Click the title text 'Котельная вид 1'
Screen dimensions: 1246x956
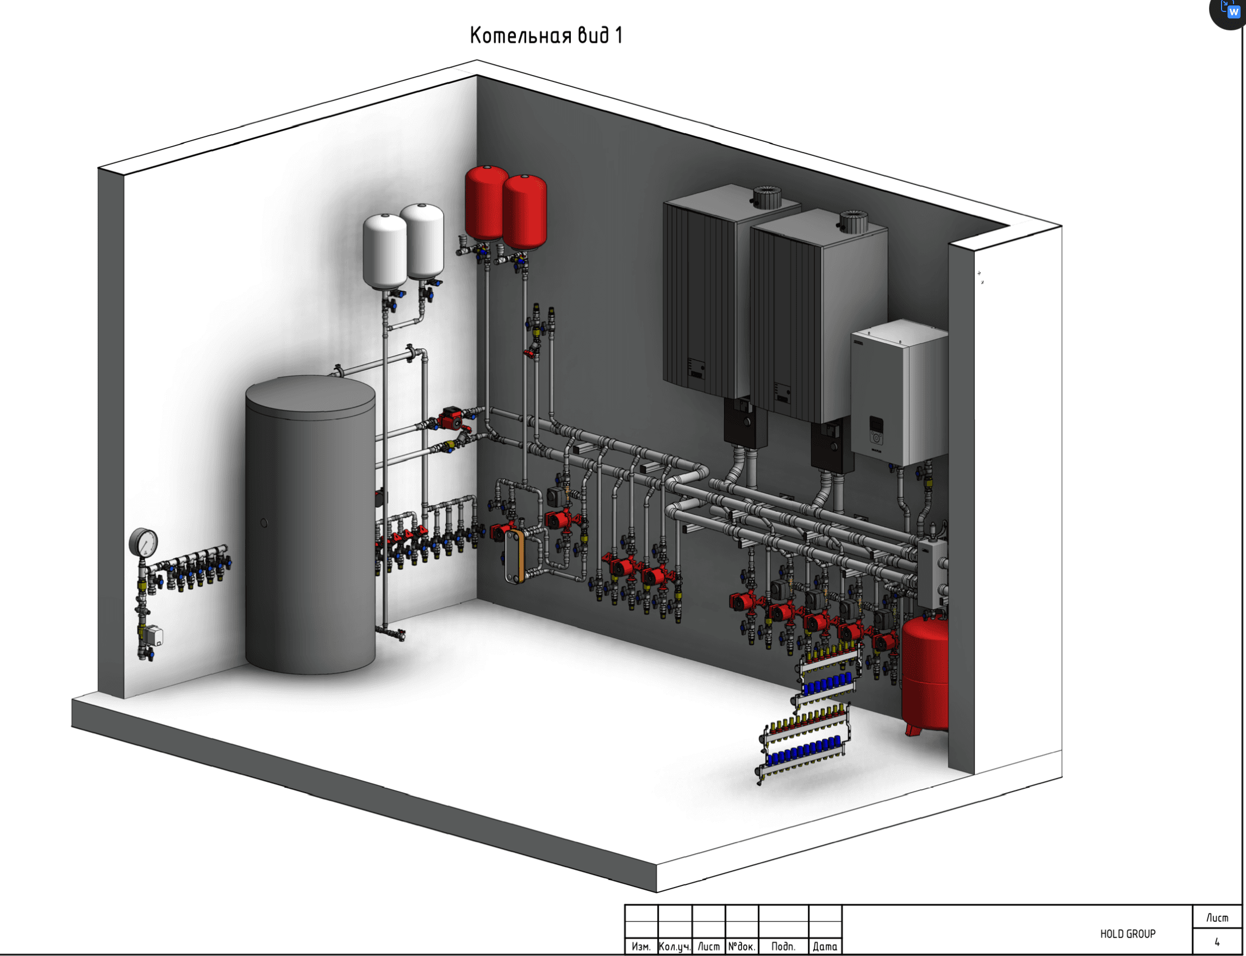[546, 35]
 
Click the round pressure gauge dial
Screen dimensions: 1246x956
[143, 542]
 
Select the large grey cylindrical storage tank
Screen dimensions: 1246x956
[310, 525]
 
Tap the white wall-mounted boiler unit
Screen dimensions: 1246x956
[899, 393]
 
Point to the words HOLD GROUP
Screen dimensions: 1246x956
[1127, 934]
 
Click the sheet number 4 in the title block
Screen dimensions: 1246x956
[1217, 942]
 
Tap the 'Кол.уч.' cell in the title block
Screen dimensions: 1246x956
[675, 946]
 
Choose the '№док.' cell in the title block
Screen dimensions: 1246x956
[742, 946]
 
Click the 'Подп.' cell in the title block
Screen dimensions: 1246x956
[783, 946]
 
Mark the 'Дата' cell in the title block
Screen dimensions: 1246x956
[825, 946]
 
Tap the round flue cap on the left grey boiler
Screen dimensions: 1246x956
[767, 196]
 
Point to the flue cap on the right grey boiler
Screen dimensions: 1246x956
[853, 222]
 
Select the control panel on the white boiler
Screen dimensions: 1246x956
[876, 431]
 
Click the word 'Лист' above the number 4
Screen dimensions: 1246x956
[1217, 918]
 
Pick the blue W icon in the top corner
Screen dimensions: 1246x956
[1233, 12]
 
